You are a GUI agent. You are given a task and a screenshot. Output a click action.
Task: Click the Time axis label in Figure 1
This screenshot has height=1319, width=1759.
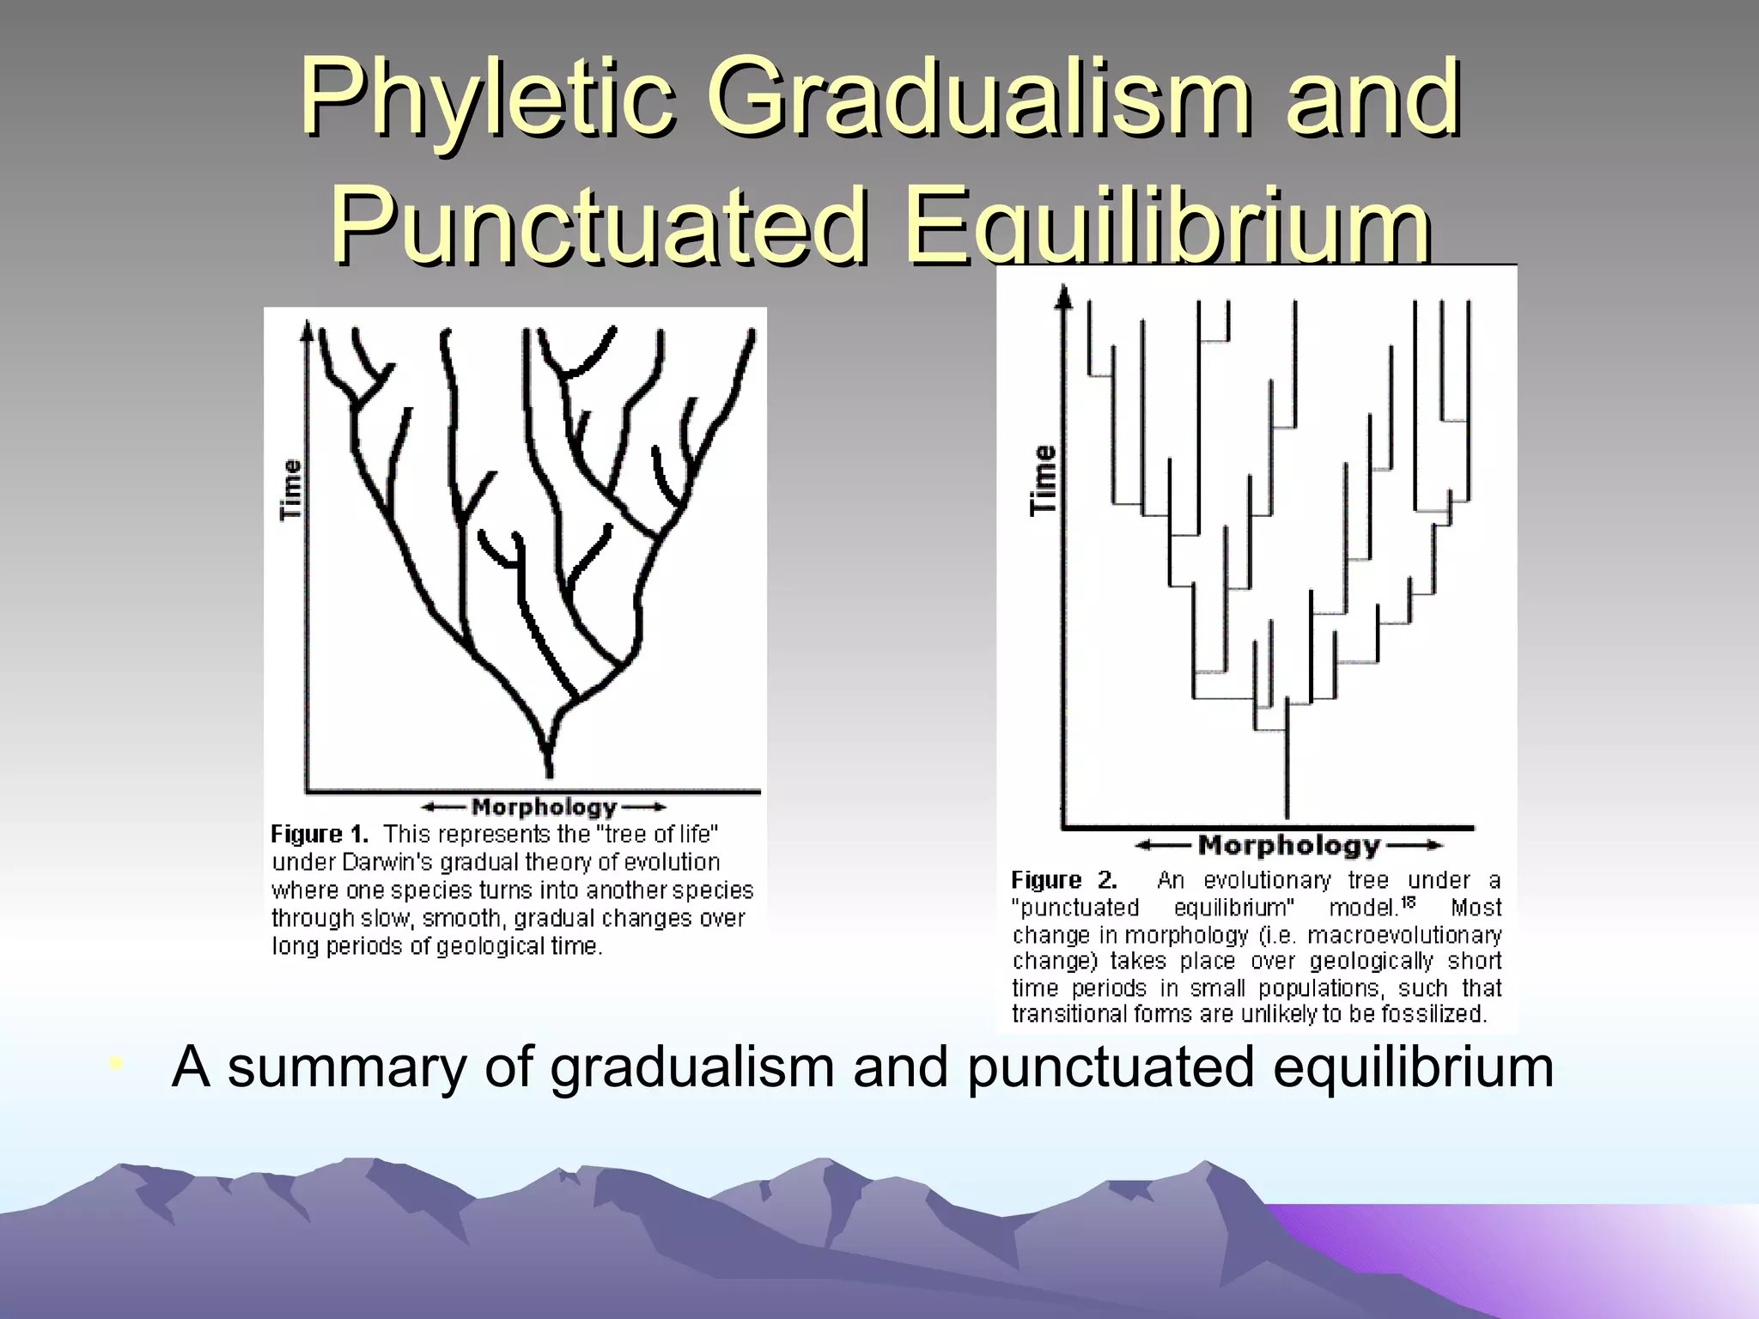[292, 489]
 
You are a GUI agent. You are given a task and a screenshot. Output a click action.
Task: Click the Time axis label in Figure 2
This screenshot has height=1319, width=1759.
[1043, 480]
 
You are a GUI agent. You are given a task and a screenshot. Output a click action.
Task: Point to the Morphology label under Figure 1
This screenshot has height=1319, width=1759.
[545, 807]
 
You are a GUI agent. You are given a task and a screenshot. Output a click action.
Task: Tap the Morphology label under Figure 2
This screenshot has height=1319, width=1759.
[1288, 846]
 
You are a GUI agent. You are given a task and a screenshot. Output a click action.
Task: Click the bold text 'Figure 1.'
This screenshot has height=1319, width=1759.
[320, 834]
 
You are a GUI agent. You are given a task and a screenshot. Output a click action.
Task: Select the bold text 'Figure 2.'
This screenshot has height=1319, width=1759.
[1064, 880]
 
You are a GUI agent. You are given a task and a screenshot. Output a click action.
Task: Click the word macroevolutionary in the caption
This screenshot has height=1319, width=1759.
[1404, 934]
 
